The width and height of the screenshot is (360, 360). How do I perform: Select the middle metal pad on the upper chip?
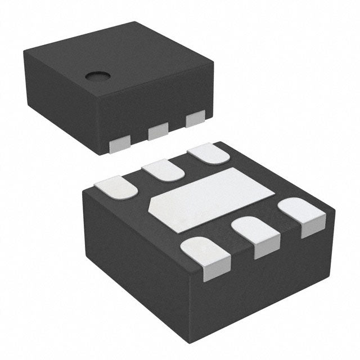click(157, 133)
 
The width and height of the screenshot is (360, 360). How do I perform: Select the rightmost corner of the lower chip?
click(335, 213)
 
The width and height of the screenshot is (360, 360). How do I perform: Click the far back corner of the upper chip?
click(135, 22)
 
